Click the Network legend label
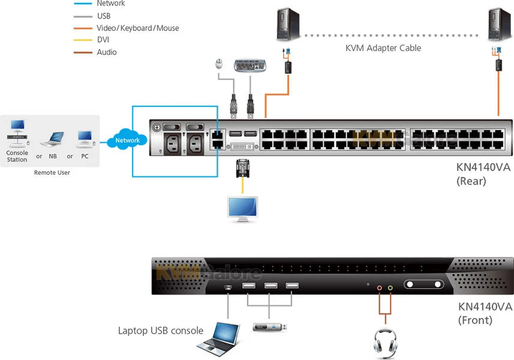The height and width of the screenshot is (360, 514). [x=110, y=4]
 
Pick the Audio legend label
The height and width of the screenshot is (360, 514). [x=107, y=52]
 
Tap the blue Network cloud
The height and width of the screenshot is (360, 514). [x=127, y=140]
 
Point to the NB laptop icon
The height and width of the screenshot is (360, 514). [x=52, y=139]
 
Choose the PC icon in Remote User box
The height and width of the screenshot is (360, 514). [x=85, y=139]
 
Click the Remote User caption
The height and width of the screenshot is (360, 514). [x=52, y=173]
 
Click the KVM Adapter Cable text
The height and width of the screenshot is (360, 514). [x=383, y=48]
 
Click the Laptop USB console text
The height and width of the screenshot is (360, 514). [x=161, y=331]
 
